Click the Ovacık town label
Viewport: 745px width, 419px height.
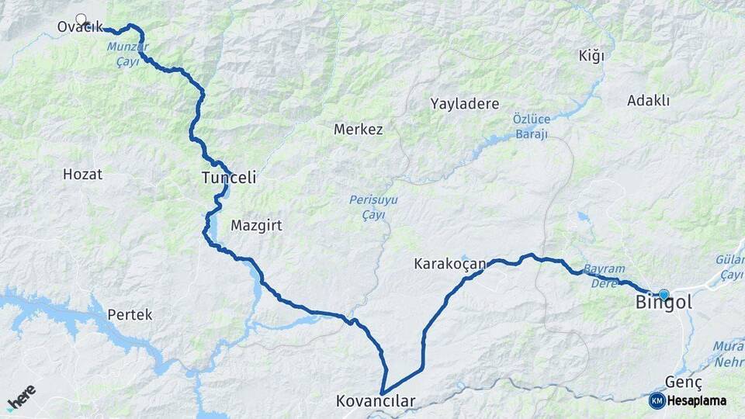pos(79,28)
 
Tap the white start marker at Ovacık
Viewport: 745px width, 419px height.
pos(81,19)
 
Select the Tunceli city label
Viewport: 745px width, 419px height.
pos(228,178)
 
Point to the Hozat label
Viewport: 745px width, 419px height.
pos(82,175)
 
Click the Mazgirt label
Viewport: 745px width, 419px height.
pos(255,226)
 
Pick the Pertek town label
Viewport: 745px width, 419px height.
pos(130,315)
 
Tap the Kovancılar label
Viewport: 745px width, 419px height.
pos(376,401)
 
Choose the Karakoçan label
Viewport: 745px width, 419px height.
pos(449,265)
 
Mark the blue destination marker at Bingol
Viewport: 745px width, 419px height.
pos(664,294)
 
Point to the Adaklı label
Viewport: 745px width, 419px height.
pos(648,101)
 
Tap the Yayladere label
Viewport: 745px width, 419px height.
pos(465,103)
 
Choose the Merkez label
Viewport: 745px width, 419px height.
pos(358,130)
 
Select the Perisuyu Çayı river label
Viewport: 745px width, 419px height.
pos(373,207)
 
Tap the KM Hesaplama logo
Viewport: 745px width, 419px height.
pos(688,400)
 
